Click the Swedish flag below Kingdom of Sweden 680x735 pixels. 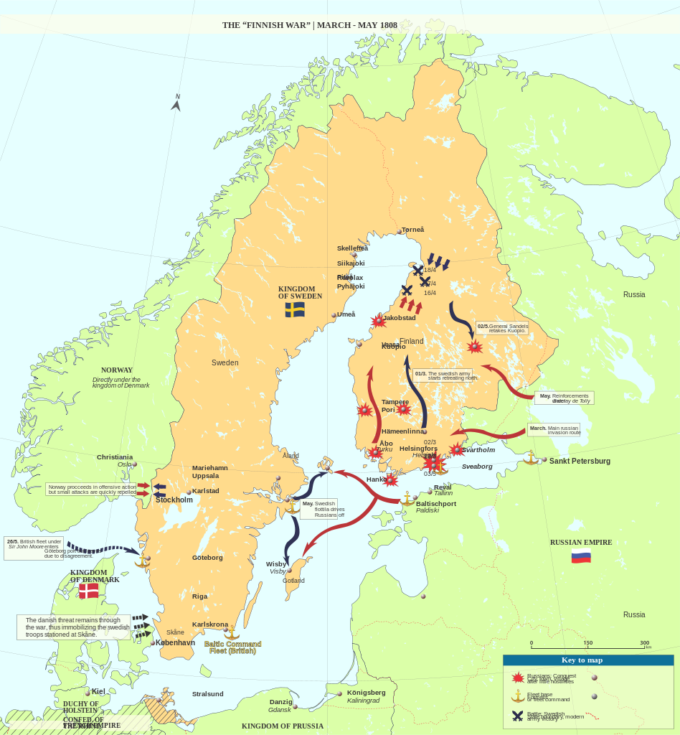pos(295,309)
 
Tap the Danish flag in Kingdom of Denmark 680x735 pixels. pos(89,591)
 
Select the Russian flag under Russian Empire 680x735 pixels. pos(581,556)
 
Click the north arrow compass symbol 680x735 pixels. pos(176,103)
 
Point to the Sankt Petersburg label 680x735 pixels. pos(580,461)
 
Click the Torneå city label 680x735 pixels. pos(412,230)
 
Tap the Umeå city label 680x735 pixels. pos(346,314)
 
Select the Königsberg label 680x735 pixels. pos(366,693)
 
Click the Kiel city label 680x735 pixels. pos(98,691)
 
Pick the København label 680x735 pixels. pos(175,642)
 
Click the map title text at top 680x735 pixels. pos(309,25)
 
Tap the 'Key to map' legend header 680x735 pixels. pos(582,660)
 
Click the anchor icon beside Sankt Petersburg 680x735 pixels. pos(531,457)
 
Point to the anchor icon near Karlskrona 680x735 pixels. pos(232,632)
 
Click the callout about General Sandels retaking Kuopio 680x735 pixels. pos(502,328)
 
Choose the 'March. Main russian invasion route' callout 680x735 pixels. pos(554,430)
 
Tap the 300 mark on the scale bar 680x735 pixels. pos(644,643)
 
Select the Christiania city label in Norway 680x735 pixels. pos(115,457)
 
